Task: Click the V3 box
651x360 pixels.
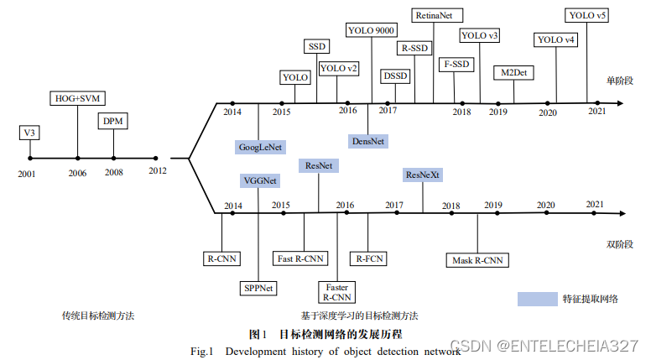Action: coord(29,133)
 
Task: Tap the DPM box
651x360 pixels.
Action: coord(113,122)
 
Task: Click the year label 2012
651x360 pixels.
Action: coord(157,172)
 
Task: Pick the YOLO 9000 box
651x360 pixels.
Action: coord(371,30)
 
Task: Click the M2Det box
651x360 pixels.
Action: coord(513,72)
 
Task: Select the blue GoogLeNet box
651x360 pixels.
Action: coord(260,146)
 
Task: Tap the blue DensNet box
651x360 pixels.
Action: coord(367,141)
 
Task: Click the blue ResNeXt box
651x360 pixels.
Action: coord(423,175)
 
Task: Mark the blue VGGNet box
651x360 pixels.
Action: coord(260,180)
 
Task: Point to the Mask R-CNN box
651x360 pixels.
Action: coord(477,260)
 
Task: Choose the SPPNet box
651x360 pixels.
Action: coord(259,287)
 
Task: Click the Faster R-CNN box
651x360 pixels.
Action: coord(338,291)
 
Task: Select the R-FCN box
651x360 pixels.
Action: coord(369,258)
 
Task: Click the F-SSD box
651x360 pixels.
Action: coord(457,64)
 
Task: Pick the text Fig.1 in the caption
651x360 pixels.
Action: coord(204,351)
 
